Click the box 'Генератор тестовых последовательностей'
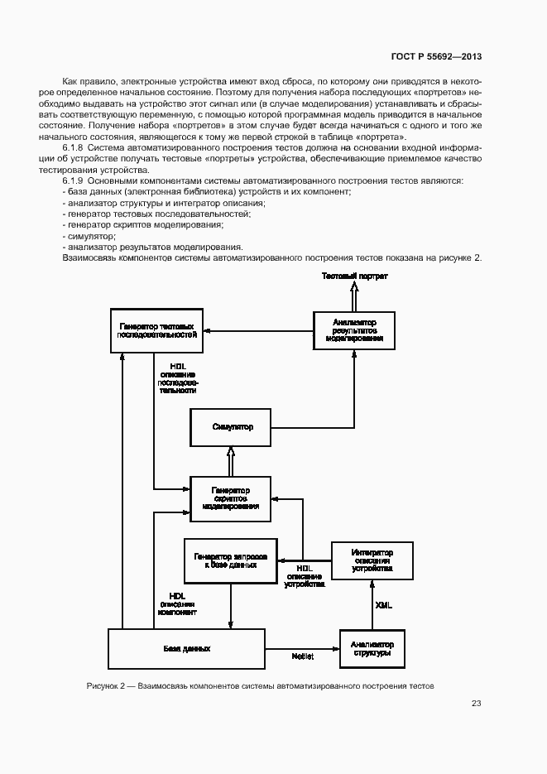[157, 330]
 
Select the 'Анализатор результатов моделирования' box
[353, 330]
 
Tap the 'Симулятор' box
[232, 427]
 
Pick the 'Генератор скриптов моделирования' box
[231, 498]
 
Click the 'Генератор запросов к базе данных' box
[231, 560]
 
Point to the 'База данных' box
[187, 649]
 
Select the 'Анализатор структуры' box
[372, 648]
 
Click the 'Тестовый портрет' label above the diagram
[354, 275]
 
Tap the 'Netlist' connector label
[302, 656]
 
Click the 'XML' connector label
[383, 605]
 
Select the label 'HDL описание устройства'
[304, 576]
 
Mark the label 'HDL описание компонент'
[178, 604]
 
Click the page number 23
[476, 704]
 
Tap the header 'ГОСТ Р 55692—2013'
[436, 57]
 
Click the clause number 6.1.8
[74, 147]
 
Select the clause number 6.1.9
[74, 180]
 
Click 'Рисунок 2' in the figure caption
[104, 686]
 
